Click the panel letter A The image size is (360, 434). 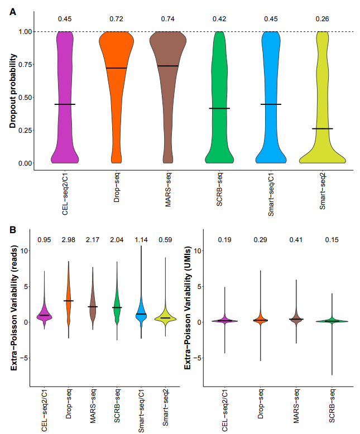click(12, 9)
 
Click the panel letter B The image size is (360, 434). click(12, 229)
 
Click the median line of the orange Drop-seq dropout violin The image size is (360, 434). click(117, 68)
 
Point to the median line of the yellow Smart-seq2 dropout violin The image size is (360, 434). click(323, 128)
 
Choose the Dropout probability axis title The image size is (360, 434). click(12, 97)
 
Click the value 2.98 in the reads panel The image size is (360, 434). click(68, 240)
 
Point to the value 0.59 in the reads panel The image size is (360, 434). click(165, 240)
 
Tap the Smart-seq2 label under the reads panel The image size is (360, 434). click(166, 411)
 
